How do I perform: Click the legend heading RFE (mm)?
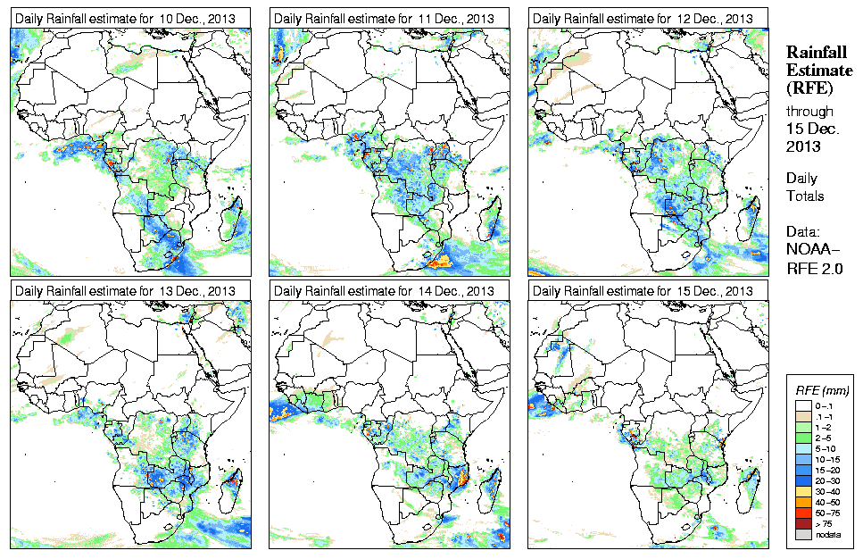[x=821, y=390]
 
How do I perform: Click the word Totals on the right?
[x=805, y=196]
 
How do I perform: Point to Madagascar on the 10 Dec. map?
[x=234, y=218]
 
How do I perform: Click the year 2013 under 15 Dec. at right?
[x=803, y=146]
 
